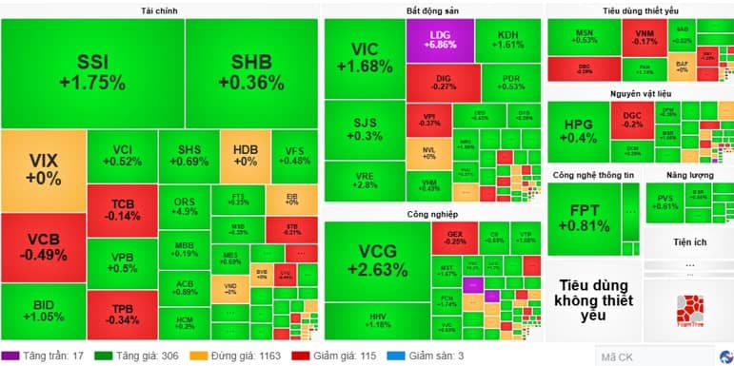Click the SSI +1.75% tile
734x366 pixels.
tap(92, 72)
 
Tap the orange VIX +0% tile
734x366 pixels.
tap(43, 170)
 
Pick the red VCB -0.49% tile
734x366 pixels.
tap(43, 247)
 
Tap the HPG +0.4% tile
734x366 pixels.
tap(580, 132)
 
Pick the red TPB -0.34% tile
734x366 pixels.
tap(122, 313)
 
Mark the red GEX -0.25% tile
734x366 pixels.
tap(454, 237)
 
